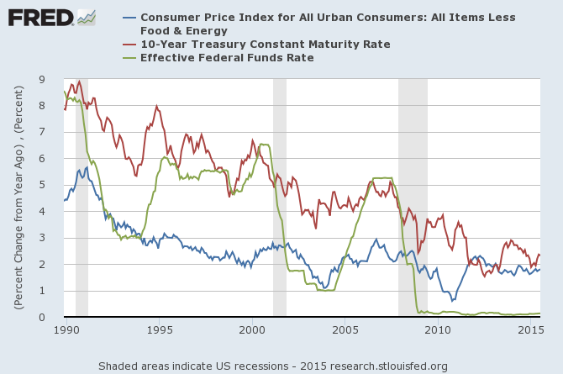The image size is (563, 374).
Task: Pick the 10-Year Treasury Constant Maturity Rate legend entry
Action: pyautogui.click(x=265, y=44)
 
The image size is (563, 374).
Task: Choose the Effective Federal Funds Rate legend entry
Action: pyautogui.click(x=227, y=57)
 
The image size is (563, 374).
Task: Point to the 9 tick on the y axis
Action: pyautogui.click(x=53, y=79)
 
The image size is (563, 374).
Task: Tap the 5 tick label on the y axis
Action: pyautogui.click(x=53, y=185)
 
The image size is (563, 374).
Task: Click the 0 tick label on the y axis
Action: pyautogui.click(x=53, y=317)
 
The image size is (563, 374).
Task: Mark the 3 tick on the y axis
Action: pyautogui.click(x=53, y=238)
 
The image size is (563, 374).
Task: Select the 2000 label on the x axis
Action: pyautogui.click(x=252, y=331)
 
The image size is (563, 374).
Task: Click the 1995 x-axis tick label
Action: pyautogui.click(x=159, y=331)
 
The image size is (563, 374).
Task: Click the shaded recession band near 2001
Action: pyautogui.click(x=280, y=198)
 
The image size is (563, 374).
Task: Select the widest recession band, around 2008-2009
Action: pyautogui.click(x=413, y=198)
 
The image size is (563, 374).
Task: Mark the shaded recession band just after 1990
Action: pyautogui.click(x=82, y=198)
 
